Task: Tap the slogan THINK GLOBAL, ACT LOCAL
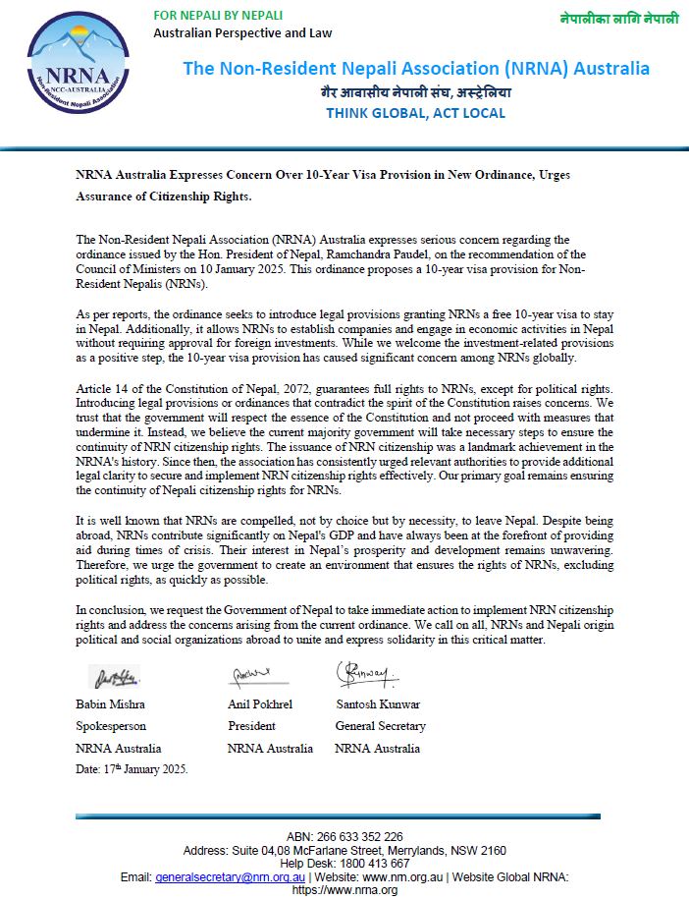(x=415, y=113)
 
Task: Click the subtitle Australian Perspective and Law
(x=242, y=32)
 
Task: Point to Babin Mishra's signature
(x=116, y=676)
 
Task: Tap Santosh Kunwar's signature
(x=367, y=674)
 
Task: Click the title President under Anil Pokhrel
(x=252, y=726)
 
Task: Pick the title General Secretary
(x=380, y=726)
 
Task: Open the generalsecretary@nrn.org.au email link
(x=230, y=876)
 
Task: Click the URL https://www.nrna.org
(x=344, y=890)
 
